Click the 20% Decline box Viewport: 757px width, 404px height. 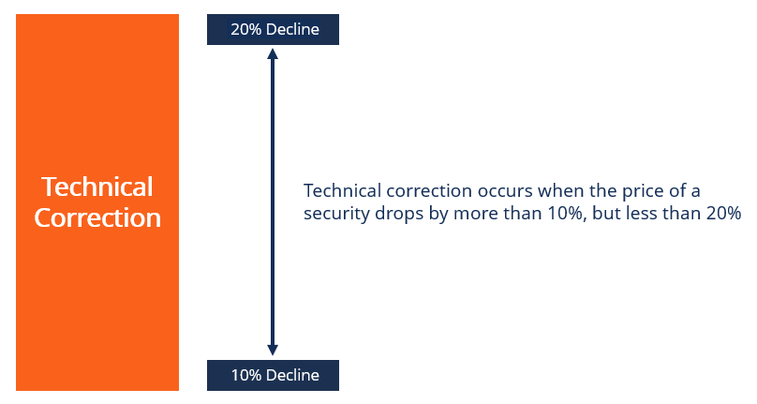pyautogui.click(x=273, y=30)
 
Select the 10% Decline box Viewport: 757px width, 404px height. pyautogui.click(x=273, y=376)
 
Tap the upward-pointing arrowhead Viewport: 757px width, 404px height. pyautogui.click(x=273, y=54)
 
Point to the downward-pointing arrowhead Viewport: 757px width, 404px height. pyautogui.click(x=273, y=351)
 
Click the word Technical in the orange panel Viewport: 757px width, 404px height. pyautogui.click(x=97, y=187)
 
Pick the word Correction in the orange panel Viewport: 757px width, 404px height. pyautogui.click(x=97, y=218)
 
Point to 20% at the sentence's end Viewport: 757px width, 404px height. pyautogui.click(x=723, y=214)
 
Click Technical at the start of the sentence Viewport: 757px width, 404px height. pyautogui.click(x=341, y=191)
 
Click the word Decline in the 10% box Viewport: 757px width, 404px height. pyautogui.click(x=291, y=376)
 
